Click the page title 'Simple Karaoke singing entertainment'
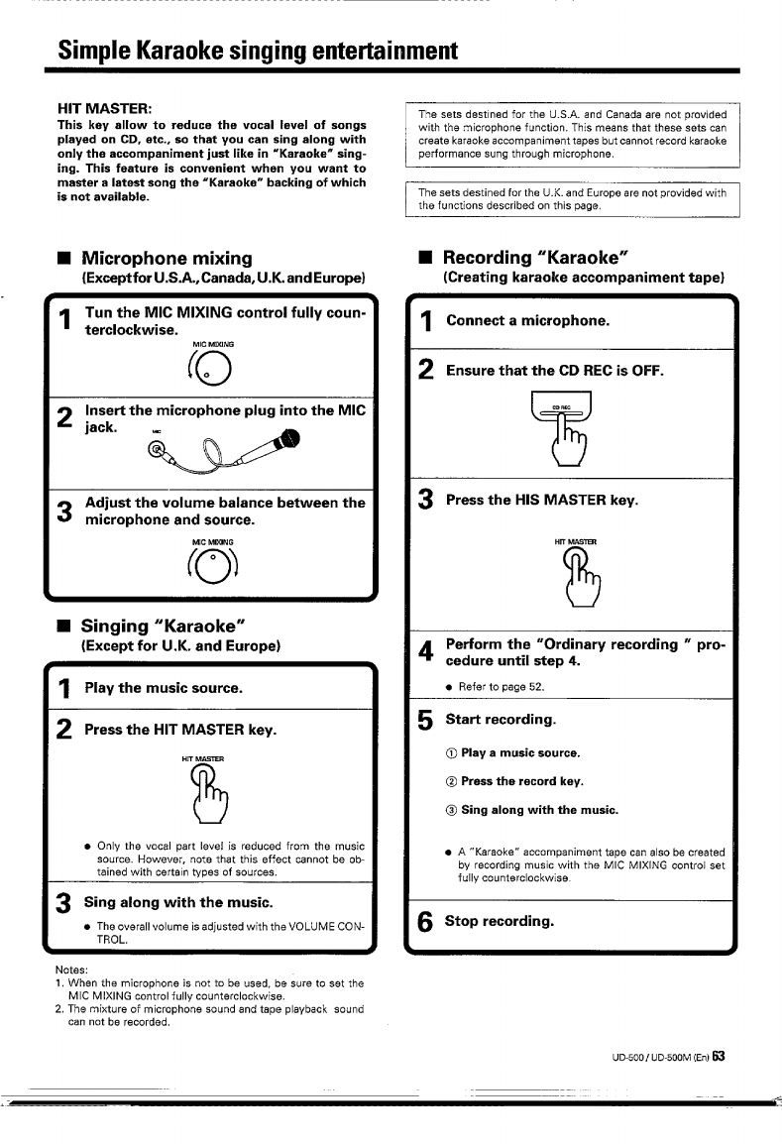[258, 50]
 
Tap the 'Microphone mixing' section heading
[167, 258]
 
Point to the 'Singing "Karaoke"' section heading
[164, 627]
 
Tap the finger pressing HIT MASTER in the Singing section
[212, 794]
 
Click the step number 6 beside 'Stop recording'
[425, 923]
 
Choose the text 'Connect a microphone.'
[528, 321]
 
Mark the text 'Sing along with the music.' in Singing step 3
[177, 902]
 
